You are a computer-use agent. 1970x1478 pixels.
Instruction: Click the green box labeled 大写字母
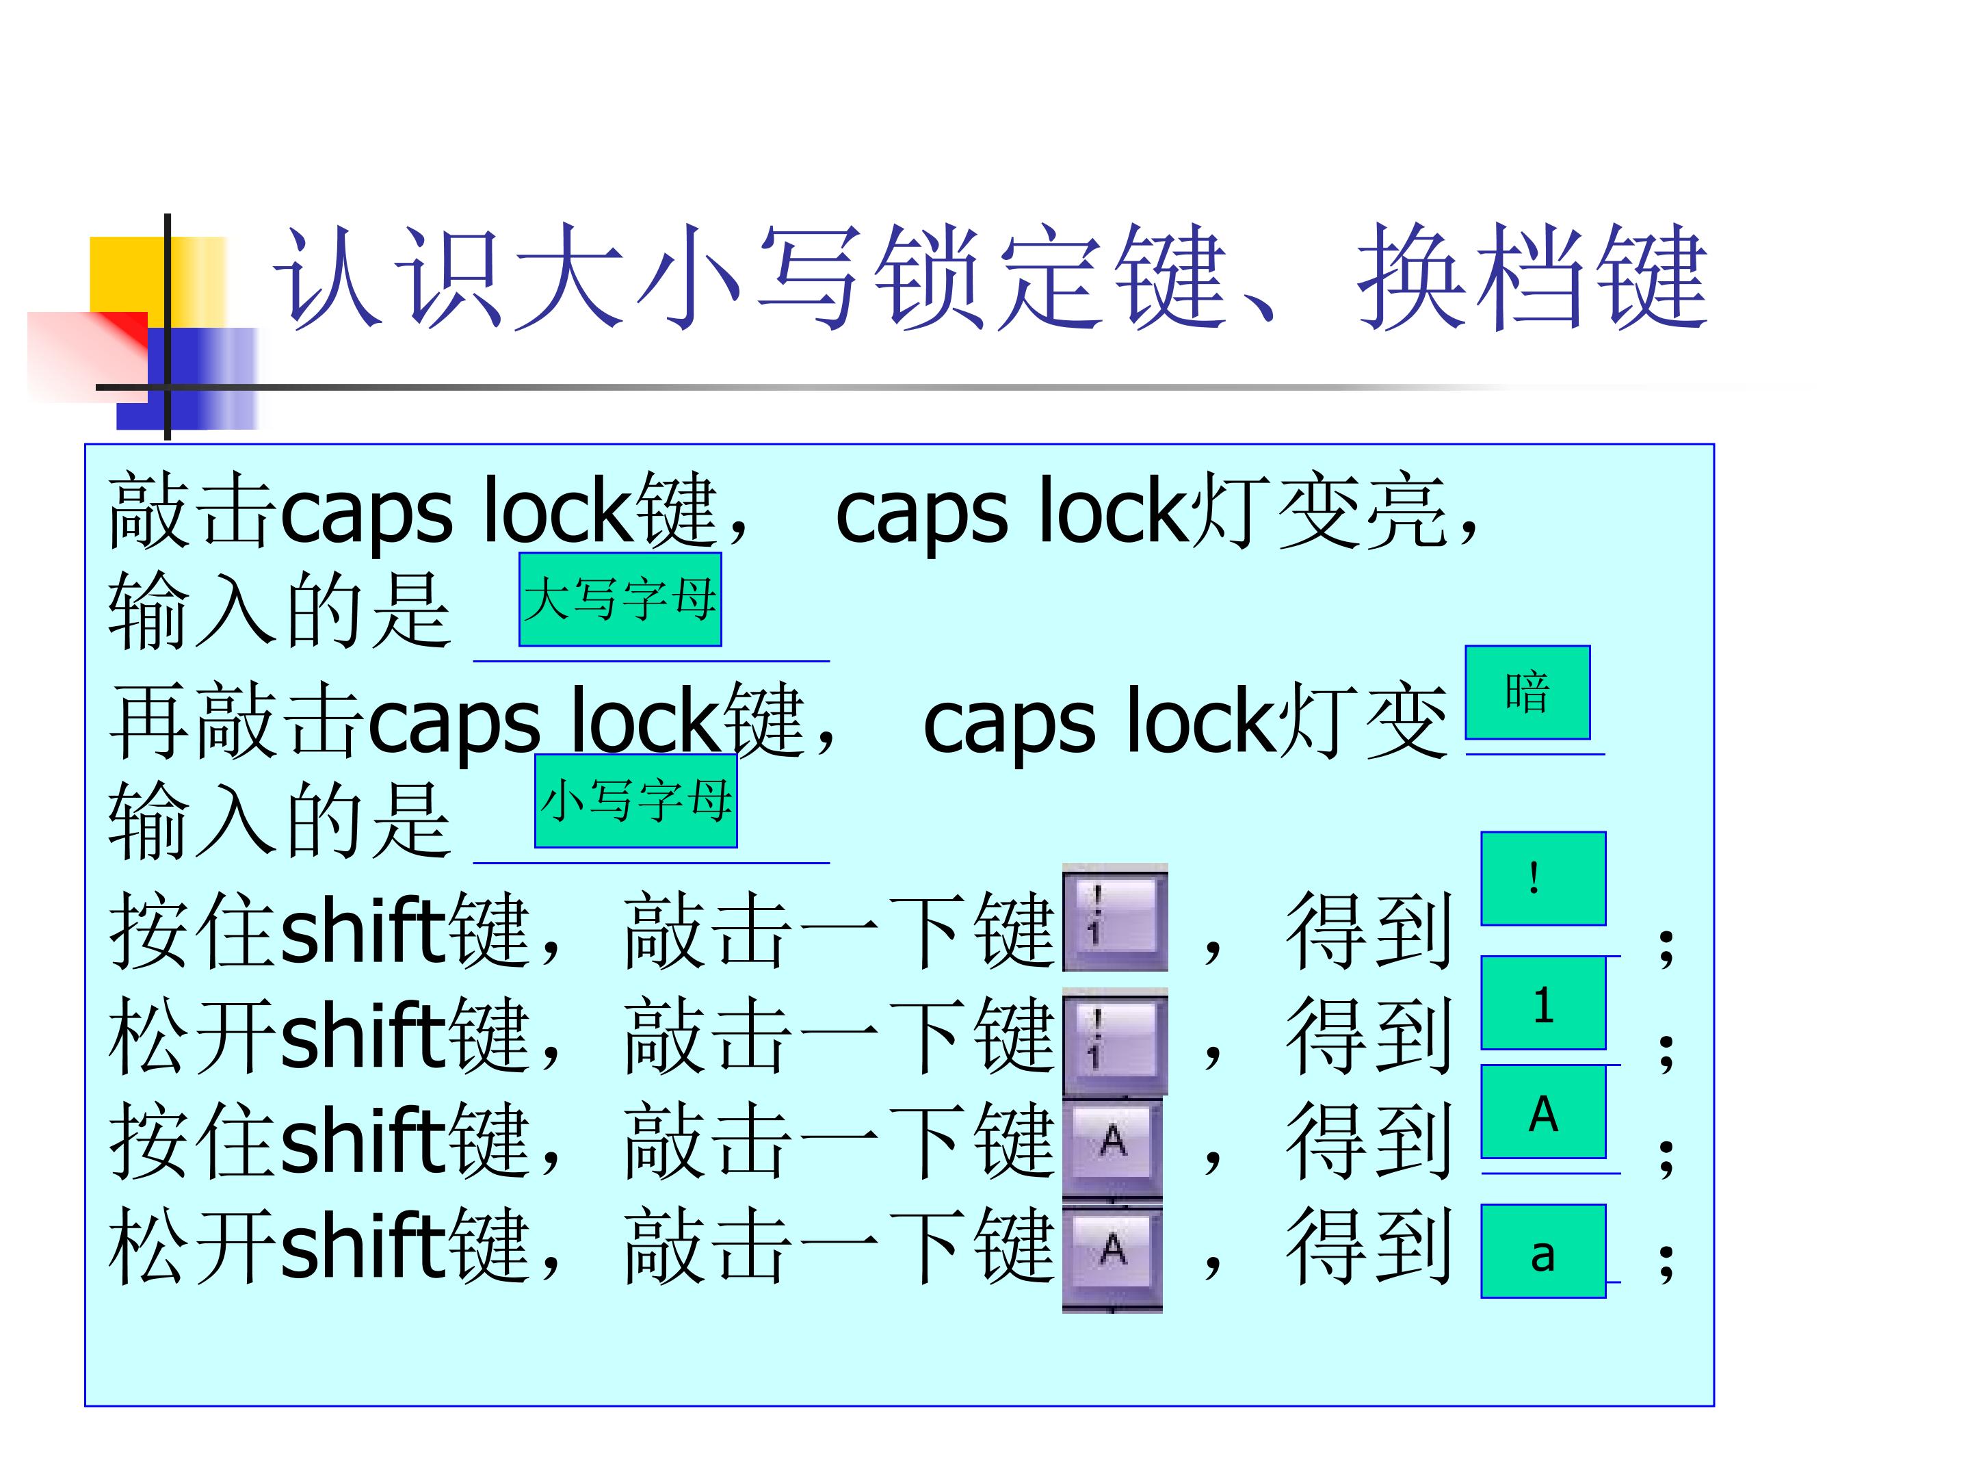(620, 599)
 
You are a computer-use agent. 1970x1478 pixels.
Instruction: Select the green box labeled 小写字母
(636, 800)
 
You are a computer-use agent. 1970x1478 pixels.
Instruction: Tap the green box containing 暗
(1527, 692)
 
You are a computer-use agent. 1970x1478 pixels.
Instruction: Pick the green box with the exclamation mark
(1543, 879)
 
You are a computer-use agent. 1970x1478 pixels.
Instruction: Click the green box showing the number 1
(1543, 1003)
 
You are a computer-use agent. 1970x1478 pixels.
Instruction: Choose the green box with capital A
(1543, 1112)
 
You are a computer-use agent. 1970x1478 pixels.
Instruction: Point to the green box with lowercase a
(1543, 1251)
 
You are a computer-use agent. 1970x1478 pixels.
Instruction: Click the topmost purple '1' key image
(1115, 917)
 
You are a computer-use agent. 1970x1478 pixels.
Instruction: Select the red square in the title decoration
(88, 356)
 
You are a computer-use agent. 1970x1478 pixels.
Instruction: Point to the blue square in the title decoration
(187, 378)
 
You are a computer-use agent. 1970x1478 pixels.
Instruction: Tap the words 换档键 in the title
(1532, 277)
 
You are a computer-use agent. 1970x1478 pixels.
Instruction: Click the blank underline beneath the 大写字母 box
(651, 661)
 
